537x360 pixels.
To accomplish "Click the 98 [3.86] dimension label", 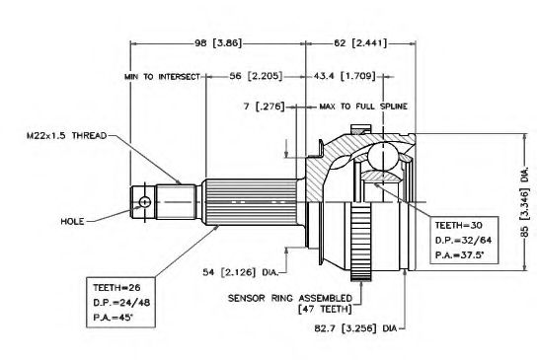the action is (x=218, y=43).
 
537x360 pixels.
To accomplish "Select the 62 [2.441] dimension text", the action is (x=360, y=43).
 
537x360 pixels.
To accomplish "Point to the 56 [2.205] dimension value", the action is (x=256, y=76).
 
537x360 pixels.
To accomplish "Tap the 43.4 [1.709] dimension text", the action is (x=345, y=76).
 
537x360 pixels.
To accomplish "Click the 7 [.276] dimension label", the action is (x=264, y=107).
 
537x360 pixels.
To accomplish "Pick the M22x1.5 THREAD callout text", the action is (x=67, y=136).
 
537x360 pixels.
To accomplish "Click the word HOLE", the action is (x=72, y=221).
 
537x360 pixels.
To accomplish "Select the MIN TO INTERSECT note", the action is (x=162, y=77).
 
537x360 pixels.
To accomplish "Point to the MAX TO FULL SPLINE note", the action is (x=363, y=107).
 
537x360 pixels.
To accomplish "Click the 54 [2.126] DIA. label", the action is (x=241, y=272).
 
